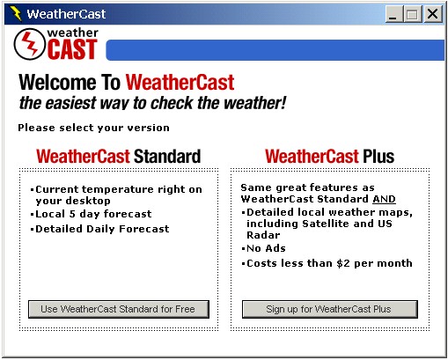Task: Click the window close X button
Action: [x=432, y=14]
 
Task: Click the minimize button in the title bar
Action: [x=394, y=14]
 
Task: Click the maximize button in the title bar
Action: [x=413, y=14]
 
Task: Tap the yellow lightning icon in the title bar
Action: [x=16, y=13]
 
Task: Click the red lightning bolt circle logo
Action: [x=29, y=44]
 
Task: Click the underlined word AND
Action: [x=384, y=199]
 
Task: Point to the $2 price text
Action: [x=343, y=263]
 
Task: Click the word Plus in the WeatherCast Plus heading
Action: [x=378, y=156]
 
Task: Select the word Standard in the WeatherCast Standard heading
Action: [x=167, y=156]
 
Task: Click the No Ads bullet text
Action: [x=266, y=248]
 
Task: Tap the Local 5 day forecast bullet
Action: [x=93, y=214]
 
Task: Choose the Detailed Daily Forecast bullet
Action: [x=102, y=229]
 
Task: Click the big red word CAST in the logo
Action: [x=72, y=49]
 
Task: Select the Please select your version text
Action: [x=93, y=128]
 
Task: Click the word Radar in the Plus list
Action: [x=263, y=235]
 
